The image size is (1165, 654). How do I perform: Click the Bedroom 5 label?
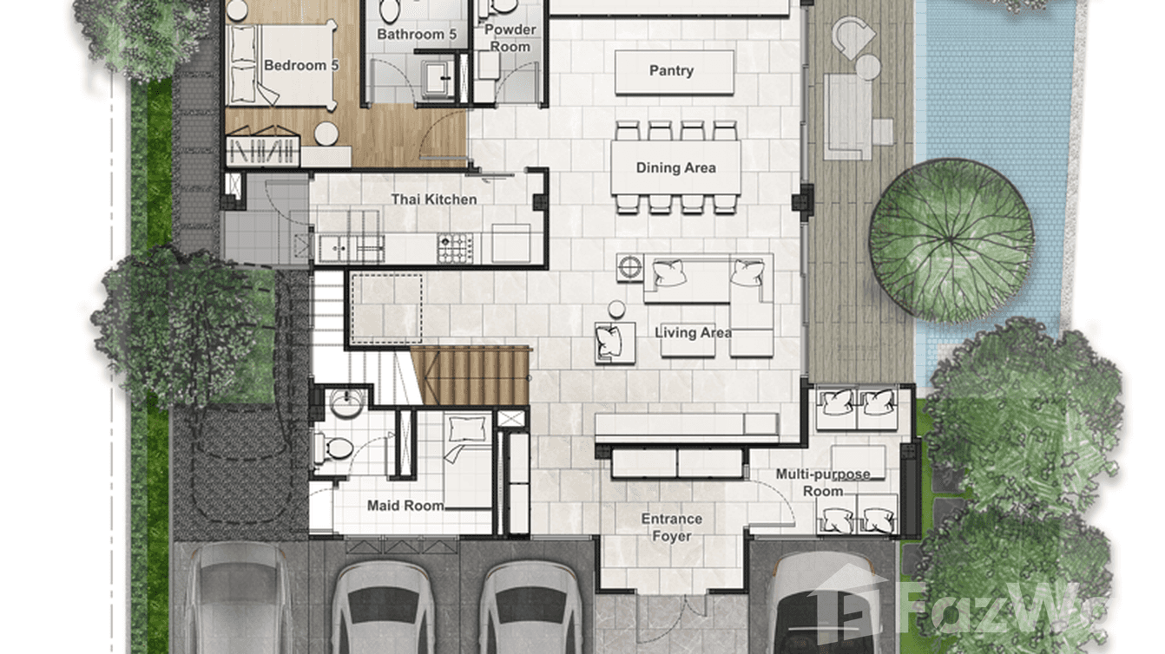[x=295, y=65]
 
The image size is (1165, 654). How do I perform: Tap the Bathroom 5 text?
[x=416, y=35]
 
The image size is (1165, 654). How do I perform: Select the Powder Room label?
[x=510, y=37]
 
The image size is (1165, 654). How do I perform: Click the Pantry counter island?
[x=674, y=72]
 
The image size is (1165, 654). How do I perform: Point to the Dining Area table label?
[x=675, y=167]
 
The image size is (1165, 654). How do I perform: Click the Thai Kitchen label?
[x=433, y=199]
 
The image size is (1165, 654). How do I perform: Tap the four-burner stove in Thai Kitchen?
[x=454, y=248]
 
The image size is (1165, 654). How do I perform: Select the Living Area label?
[x=692, y=332]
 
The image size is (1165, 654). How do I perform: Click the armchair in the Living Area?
[x=614, y=342]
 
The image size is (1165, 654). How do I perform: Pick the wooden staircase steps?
[x=470, y=375]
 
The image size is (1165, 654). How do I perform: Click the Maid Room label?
[x=405, y=506]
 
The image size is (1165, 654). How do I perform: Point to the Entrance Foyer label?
[x=671, y=527]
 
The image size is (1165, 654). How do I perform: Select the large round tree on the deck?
[x=951, y=239]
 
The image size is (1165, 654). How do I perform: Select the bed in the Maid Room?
[x=467, y=460]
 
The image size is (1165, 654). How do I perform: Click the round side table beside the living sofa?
[x=616, y=309]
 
